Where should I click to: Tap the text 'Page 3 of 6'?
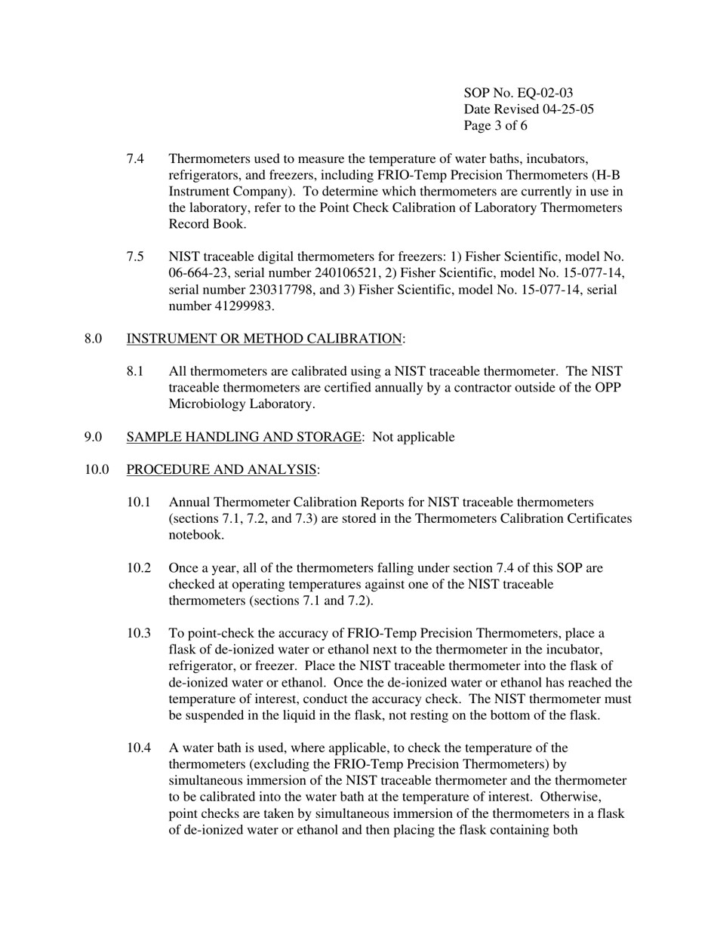(x=495, y=126)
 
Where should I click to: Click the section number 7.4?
(x=135, y=158)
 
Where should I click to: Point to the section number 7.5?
(x=135, y=257)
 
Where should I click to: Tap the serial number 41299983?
(x=242, y=306)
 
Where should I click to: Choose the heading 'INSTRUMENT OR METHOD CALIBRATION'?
(x=264, y=339)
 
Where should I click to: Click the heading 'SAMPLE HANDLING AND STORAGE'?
(x=244, y=437)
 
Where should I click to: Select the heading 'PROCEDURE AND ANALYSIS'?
(x=221, y=470)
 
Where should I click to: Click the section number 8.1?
(x=135, y=371)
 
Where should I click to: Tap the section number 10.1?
(x=139, y=502)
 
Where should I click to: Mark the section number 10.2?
(x=139, y=568)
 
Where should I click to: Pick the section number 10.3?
(x=139, y=633)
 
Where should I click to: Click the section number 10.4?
(x=139, y=748)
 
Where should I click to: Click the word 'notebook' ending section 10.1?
(x=195, y=535)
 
